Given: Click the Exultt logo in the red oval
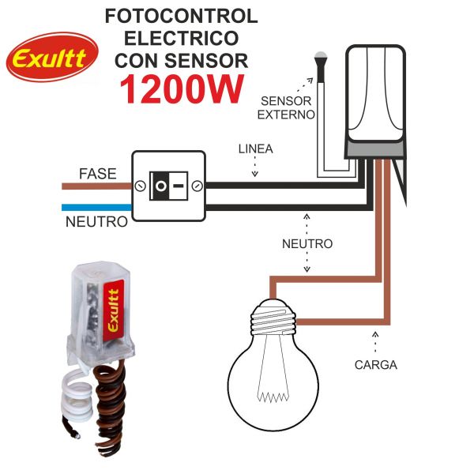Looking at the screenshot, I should click(52, 57).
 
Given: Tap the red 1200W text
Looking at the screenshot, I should click(179, 89).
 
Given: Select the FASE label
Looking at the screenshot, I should click(97, 173).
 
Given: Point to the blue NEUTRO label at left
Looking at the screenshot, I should click(96, 222).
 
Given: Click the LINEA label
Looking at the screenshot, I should click(255, 149).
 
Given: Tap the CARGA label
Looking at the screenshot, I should click(375, 365).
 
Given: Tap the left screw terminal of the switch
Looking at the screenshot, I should click(141, 186).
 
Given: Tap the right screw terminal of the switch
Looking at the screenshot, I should click(196, 186).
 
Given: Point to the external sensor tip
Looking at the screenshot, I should click(321, 57).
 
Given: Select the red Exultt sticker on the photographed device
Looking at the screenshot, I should click(112, 311).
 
